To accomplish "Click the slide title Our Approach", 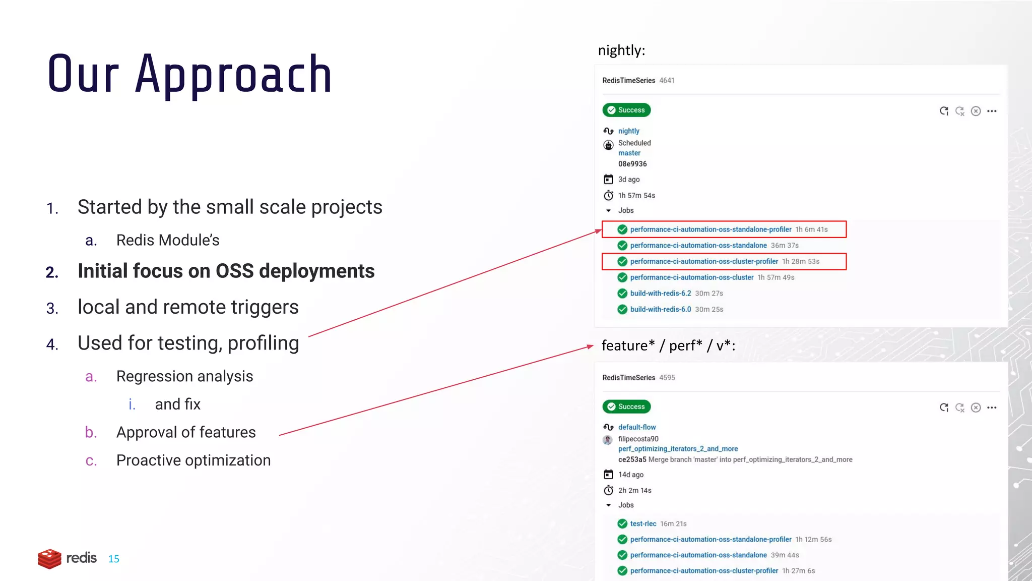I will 189,75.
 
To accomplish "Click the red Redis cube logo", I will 49,558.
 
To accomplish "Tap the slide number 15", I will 114,559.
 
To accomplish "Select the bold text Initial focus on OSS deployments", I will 226,271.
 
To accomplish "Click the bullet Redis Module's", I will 168,240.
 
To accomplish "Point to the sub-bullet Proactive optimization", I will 193,460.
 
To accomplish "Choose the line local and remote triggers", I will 188,307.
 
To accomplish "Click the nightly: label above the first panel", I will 621,50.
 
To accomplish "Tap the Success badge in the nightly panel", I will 626,110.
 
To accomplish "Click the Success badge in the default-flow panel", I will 626,406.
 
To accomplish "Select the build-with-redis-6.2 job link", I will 660,294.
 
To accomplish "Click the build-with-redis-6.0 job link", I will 660,310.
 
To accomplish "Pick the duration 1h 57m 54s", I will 636,196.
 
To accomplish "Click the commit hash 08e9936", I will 632,164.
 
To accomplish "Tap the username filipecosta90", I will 638,439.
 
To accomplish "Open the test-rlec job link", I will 643,524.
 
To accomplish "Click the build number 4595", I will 667,378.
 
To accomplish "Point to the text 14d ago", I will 631,475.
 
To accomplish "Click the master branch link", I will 629,153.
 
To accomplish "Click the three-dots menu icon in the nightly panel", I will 992,111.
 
